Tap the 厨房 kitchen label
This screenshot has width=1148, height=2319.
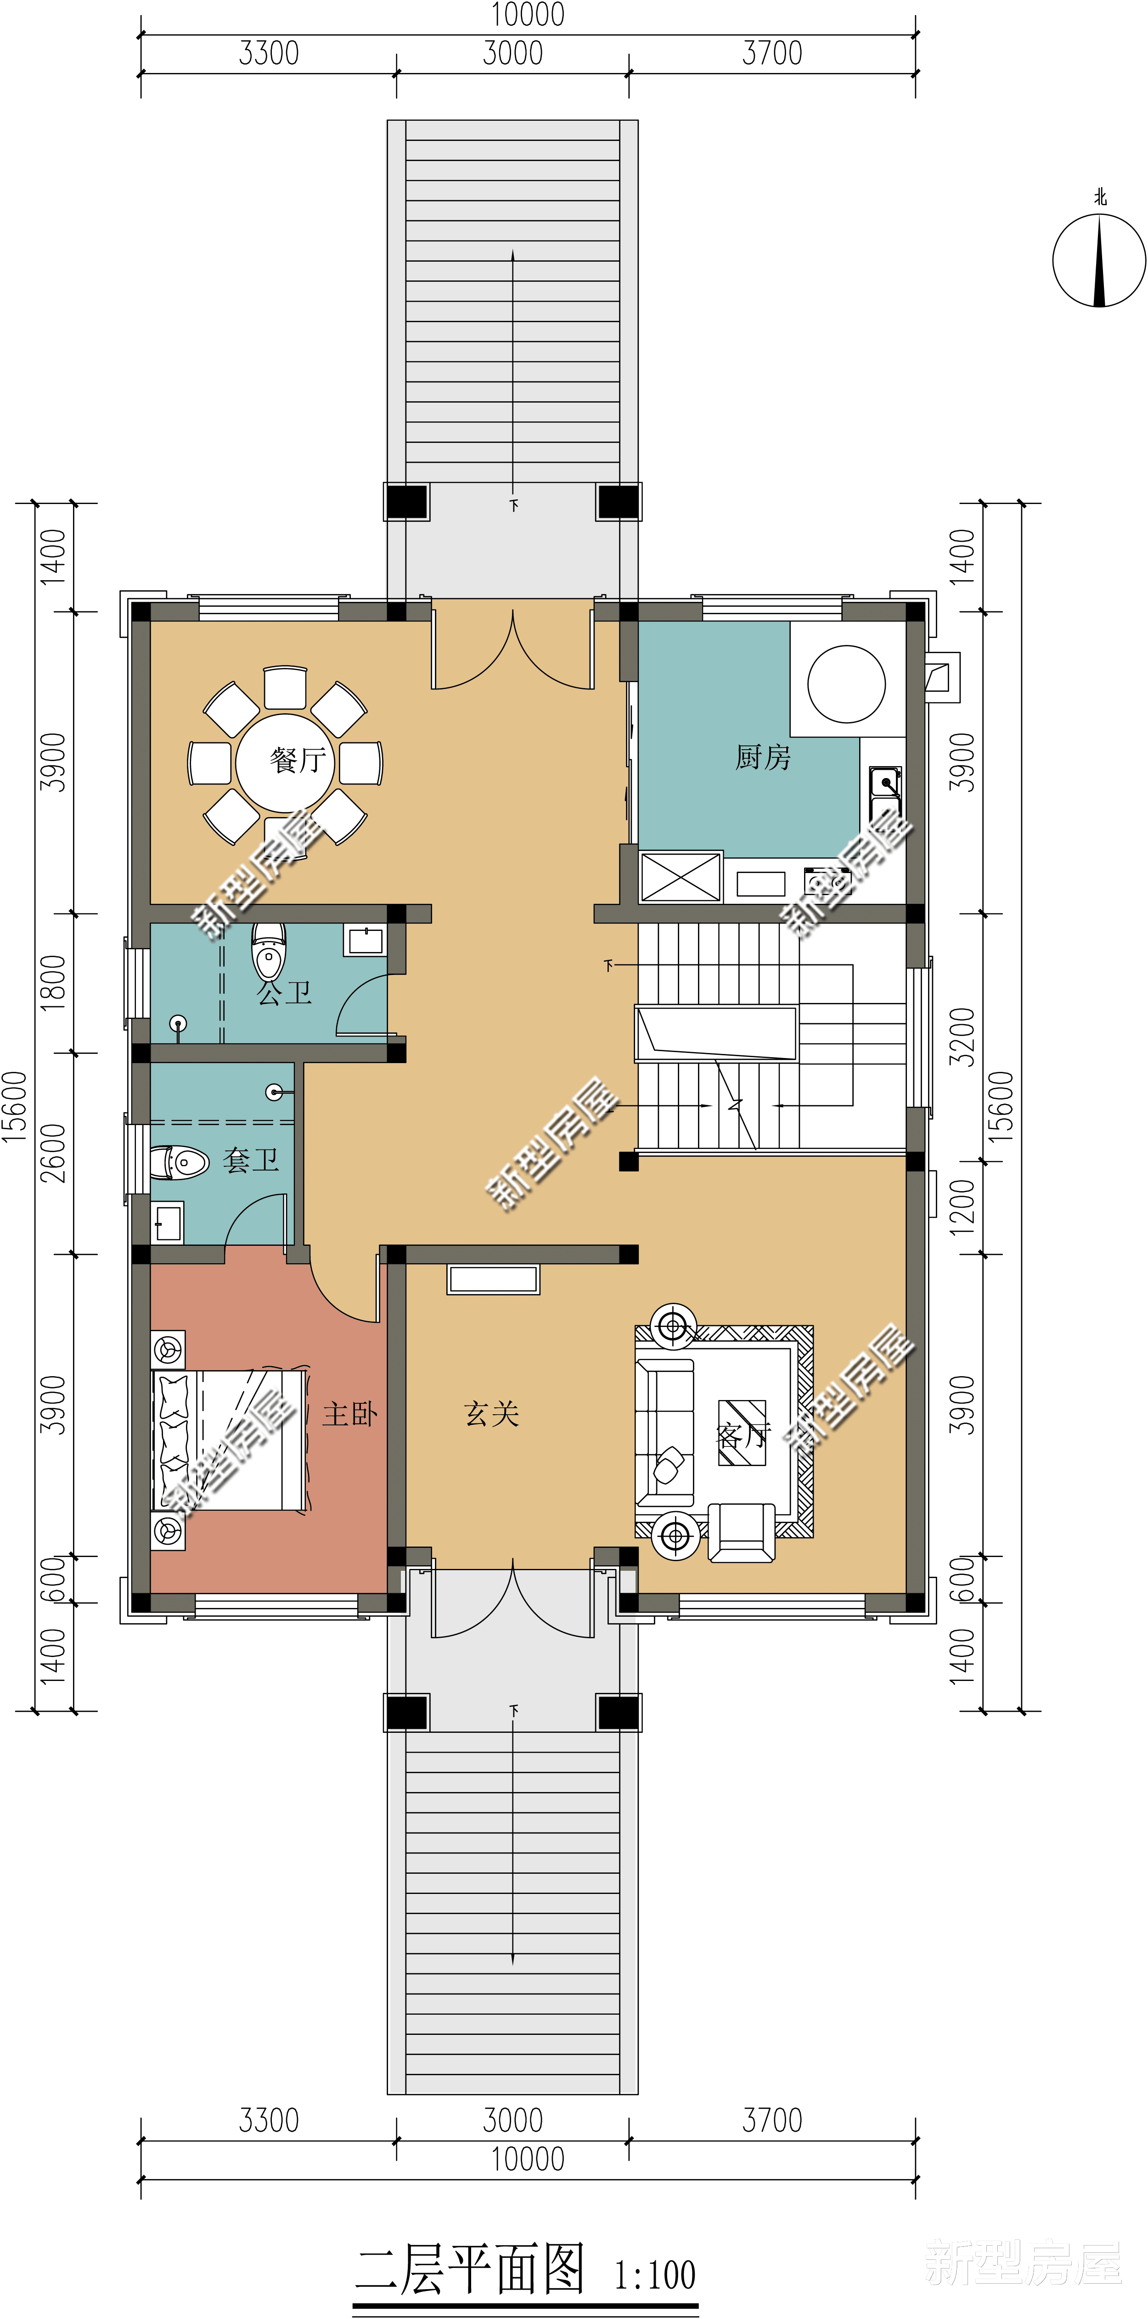(x=763, y=757)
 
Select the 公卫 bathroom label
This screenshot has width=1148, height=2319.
(x=285, y=993)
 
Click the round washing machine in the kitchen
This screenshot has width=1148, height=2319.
(x=846, y=684)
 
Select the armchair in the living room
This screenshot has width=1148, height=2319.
(x=741, y=1532)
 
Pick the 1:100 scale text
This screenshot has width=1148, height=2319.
(x=655, y=2275)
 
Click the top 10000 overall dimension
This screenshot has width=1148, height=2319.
(x=528, y=15)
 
